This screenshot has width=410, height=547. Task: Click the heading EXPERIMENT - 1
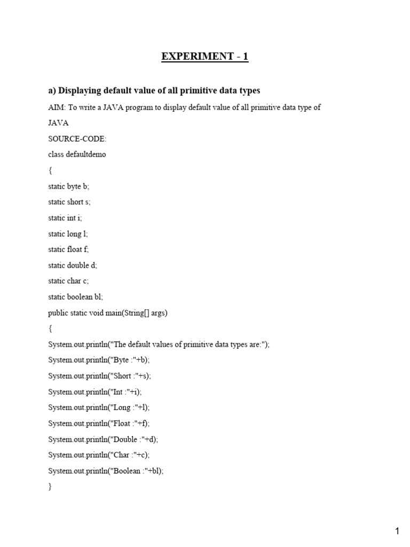(205, 57)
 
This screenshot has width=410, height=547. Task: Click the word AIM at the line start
(56, 107)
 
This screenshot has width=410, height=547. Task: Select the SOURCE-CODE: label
(77, 139)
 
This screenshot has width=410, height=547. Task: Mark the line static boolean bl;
(75, 297)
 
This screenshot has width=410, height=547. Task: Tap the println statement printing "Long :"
(99, 408)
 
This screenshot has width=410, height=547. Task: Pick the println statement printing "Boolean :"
(106, 471)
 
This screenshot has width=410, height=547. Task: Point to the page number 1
(397, 531)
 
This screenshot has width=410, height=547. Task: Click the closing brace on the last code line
(50, 487)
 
